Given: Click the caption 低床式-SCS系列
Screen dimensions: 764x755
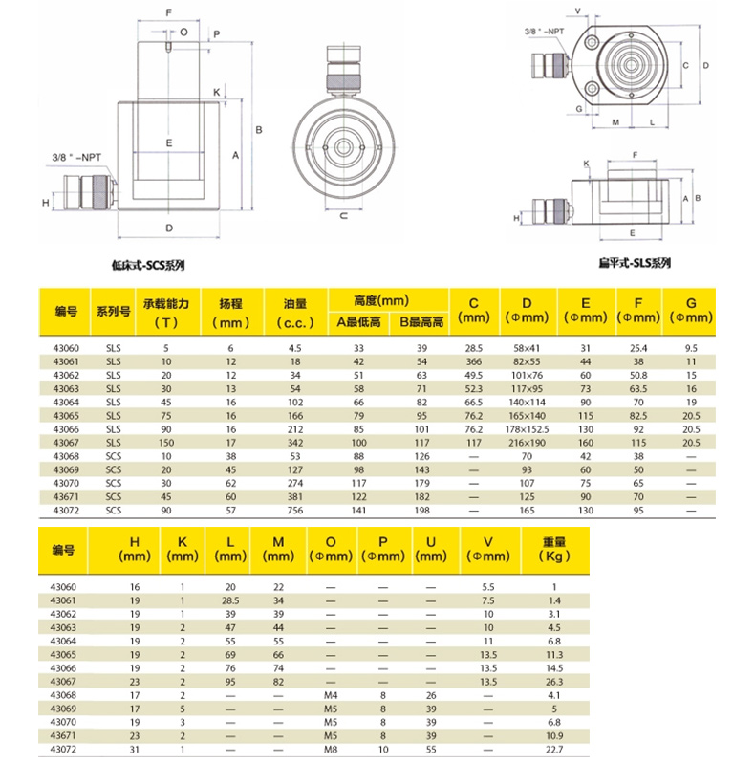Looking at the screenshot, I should [x=147, y=267].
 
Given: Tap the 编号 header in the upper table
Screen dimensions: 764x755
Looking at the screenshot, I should [x=65, y=312].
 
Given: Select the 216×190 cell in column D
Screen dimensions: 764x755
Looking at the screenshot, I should [x=526, y=443].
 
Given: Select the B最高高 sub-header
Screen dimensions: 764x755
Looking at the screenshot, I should [x=421, y=323].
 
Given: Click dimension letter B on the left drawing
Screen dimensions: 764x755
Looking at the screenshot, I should [x=258, y=129].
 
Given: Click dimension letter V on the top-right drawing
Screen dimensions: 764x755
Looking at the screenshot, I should [x=578, y=11].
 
